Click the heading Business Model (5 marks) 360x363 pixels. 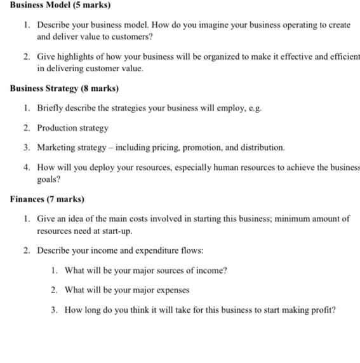coord(60,5)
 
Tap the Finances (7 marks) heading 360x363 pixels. coord(47,200)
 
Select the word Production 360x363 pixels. coord(57,128)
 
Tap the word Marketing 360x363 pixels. coord(57,147)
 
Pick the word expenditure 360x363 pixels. coord(157,250)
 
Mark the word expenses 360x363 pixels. coord(172,290)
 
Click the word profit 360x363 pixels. coord(321,310)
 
